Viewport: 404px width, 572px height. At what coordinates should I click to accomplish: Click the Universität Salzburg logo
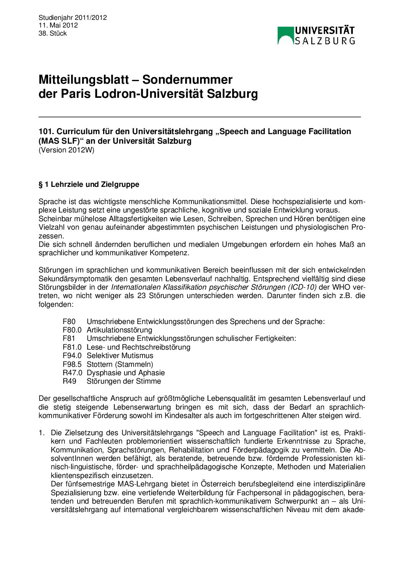(x=316, y=36)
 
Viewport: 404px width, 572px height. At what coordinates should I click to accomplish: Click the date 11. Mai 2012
(x=58, y=25)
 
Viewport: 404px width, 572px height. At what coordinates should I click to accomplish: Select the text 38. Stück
(x=53, y=33)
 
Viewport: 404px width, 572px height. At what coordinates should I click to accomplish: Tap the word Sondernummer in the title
(x=187, y=79)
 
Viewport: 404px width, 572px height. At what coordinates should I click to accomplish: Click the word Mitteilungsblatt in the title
(x=84, y=79)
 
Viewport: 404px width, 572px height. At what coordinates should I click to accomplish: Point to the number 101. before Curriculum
(x=46, y=131)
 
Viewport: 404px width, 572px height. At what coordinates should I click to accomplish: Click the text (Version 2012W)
(x=66, y=150)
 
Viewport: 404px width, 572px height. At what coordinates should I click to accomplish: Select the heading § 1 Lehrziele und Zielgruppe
(x=89, y=185)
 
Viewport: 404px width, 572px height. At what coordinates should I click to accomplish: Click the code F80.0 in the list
(x=72, y=330)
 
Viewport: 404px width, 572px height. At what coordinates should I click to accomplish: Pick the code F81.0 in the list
(x=72, y=347)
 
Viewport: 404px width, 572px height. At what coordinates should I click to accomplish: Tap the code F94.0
(x=72, y=356)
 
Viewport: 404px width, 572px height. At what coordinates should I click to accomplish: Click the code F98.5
(x=72, y=365)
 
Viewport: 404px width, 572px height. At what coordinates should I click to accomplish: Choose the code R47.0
(x=72, y=373)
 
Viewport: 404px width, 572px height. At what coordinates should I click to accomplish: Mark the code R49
(x=69, y=381)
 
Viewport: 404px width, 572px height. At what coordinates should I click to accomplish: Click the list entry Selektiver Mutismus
(x=120, y=356)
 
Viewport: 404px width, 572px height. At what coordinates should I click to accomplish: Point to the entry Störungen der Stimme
(x=124, y=381)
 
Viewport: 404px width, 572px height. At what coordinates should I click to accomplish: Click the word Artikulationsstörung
(x=120, y=330)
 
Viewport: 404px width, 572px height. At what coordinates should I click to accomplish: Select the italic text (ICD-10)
(x=302, y=287)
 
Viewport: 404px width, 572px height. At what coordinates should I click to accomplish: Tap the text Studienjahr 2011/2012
(x=73, y=18)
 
